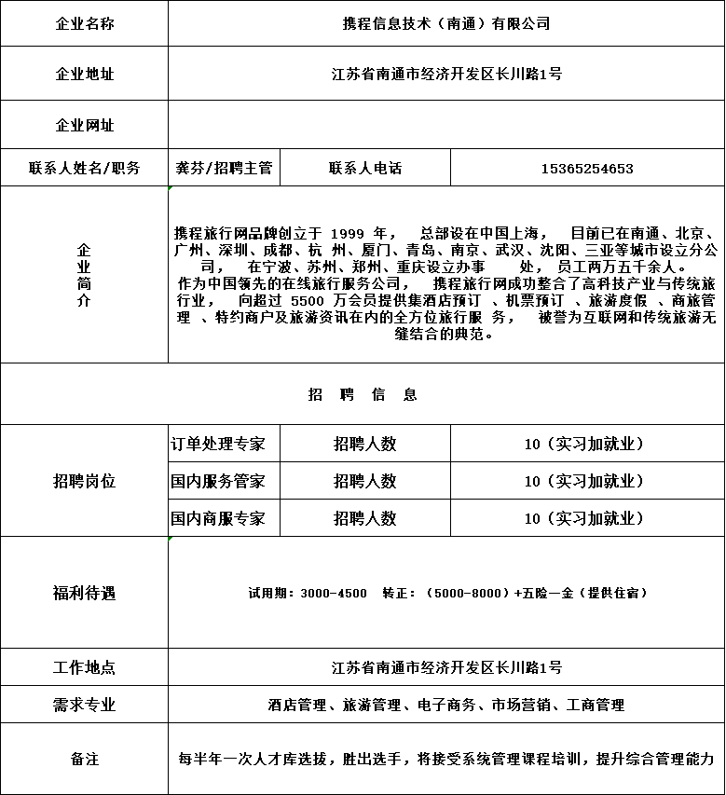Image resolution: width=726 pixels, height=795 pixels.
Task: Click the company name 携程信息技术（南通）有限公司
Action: click(446, 23)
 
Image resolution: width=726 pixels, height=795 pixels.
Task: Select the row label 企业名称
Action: click(84, 23)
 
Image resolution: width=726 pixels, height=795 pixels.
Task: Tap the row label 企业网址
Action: click(84, 125)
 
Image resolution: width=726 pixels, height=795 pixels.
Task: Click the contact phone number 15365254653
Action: click(587, 169)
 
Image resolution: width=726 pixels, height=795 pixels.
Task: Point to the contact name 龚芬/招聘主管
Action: click(224, 169)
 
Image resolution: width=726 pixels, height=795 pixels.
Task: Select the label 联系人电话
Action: click(365, 169)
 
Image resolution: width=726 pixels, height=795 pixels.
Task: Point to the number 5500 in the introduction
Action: click(308, 301)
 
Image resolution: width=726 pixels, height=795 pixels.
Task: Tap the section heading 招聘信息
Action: click(363, 394)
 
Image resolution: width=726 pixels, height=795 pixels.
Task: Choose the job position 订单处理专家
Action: click(217, 444)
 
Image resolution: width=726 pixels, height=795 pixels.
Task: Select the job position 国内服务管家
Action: click(217, 481)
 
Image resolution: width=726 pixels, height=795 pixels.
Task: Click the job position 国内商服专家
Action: click(217, 518)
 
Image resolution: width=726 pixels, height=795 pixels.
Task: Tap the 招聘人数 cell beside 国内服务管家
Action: click(365, 481)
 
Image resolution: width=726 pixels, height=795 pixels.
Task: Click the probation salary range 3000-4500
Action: click(334, 593)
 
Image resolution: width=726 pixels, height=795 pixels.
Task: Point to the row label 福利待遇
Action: click(84, 593)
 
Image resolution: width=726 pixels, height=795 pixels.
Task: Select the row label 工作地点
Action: click(84, 667)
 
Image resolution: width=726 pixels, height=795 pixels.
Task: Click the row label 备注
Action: click(84, 759)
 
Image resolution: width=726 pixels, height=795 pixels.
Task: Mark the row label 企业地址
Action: click(84, 74)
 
